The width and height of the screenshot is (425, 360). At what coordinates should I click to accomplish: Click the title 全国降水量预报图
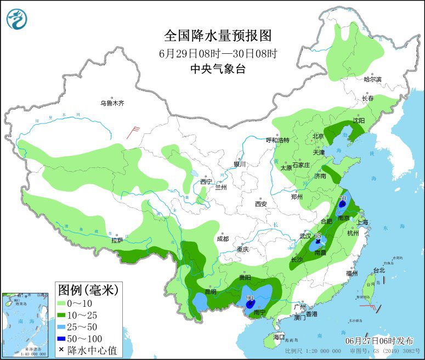pyautogui.click(x=218, y=36)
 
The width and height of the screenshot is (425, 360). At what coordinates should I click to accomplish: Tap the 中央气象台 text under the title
pyautogui.click(x=218, y=69)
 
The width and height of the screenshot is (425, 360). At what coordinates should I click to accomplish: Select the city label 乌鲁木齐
pyautogui.click(x=112, y=103)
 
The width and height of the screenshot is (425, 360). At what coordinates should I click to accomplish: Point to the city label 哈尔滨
pyautogui.click(x=372, y=79)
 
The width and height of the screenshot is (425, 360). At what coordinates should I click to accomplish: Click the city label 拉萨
pyautogui.click(x=117, y=240)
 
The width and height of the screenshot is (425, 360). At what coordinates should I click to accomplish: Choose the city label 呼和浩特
pyautogui.click(x=277, y=140)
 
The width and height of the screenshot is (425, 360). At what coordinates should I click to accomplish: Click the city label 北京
pyautogui.click(x=318, y=136)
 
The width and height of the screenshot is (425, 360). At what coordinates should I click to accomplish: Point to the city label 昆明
pyautogui.click(x=211, y=291)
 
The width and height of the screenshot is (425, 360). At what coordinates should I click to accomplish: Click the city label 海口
pyautogui.click(x=279, y=336)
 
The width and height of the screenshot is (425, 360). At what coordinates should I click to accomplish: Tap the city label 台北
pyautogui.click(x=379, y=270)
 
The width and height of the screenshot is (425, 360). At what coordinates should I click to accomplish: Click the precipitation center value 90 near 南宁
pyautogui.click(x=250, y=299)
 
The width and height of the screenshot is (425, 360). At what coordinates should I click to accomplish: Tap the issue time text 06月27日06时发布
pyautogui.click(x=378, y=340)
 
